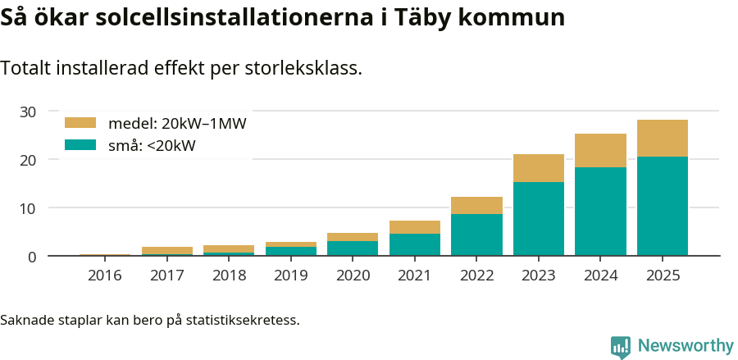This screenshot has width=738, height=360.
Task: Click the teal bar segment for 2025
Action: (662, 206)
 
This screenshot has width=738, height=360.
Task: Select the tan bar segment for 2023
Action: (538, 168)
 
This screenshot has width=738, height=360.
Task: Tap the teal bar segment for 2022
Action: (476, 235)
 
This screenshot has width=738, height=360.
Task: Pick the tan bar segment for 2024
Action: (600, 150)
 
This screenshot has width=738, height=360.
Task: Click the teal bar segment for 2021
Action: (414, 244)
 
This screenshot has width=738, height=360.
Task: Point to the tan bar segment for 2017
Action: (166, 250)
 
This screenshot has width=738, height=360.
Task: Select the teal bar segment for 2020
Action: (353, 248)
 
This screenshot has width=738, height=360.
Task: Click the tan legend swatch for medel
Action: (80, 123)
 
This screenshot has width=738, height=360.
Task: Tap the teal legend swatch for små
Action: (80, 145)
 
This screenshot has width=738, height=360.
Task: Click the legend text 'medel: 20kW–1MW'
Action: (177, 124)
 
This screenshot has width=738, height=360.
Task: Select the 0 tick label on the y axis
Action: (32, 257)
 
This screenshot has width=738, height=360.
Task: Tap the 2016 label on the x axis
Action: (104, 276)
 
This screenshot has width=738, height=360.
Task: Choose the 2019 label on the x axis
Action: (290, 276)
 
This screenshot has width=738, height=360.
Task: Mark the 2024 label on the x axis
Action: (600, 276)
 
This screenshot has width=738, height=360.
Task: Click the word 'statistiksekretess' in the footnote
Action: (243, 319)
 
